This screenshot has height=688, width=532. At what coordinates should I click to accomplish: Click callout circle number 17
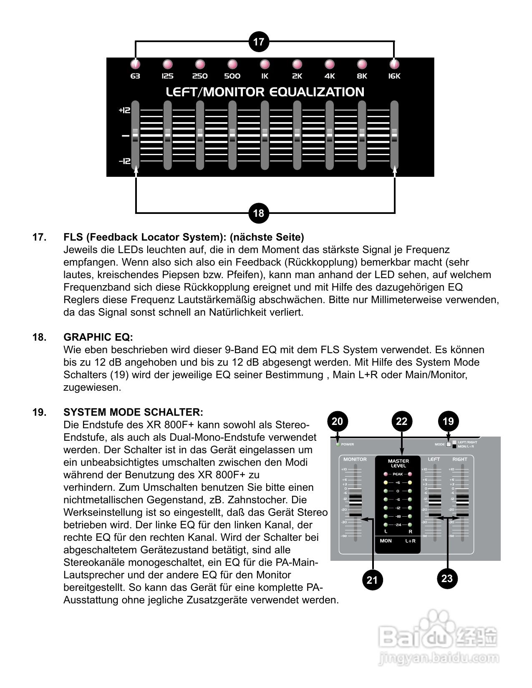click(259, 42)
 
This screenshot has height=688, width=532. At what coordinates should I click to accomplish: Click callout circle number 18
click(259, 213)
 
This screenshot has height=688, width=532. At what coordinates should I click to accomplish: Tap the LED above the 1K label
click(265, 64)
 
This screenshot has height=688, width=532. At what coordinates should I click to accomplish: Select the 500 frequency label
click(232, 76)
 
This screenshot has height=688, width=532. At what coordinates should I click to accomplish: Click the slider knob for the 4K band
click(330, 135)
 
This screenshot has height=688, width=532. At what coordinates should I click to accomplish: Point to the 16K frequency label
click(394, 76)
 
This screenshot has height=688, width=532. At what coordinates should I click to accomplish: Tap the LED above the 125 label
click(167, 64)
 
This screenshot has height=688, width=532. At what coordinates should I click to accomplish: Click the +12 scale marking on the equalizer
click(125, 110)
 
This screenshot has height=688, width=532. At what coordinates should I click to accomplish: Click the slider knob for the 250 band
click(200, 135)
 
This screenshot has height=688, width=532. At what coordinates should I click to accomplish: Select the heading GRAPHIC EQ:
click(98, 337)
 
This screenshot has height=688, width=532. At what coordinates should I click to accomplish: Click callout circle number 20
click(337, 421)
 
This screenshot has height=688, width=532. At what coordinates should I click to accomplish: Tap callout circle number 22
click(401, 421)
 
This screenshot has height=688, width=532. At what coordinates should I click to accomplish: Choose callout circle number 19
click(448, 421)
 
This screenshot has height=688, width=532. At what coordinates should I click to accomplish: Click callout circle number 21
click(372, 580)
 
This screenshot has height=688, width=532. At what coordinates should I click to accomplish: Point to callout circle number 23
click(447, 578)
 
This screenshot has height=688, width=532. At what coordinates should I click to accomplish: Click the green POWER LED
click(337, 444)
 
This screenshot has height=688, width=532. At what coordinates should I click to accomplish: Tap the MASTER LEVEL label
click(398, 463)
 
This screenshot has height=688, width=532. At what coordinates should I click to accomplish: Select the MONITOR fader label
click(355, 459)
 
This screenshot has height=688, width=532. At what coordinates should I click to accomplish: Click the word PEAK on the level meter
click(398, 474)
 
